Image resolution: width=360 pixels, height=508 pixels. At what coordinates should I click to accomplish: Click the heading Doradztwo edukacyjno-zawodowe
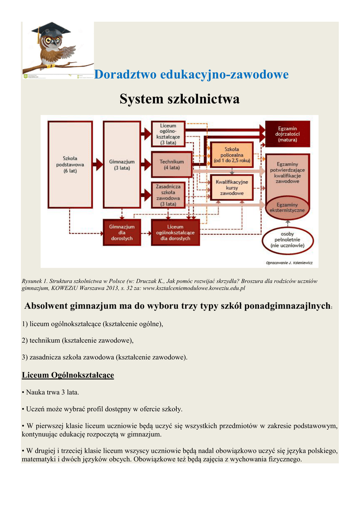191,75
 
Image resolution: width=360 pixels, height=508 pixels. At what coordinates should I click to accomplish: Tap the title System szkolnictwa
179,99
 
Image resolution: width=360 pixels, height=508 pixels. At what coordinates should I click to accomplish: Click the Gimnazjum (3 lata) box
121,164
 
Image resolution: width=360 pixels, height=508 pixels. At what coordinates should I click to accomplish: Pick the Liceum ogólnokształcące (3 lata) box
168,133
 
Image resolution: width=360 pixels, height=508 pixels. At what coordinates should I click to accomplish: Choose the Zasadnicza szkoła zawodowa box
168,195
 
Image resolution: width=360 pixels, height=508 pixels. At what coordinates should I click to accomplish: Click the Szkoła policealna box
231,155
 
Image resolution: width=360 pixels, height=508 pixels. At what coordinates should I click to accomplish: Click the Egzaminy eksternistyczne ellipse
288,207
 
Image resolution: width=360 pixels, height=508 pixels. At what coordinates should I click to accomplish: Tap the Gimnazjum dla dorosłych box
121,232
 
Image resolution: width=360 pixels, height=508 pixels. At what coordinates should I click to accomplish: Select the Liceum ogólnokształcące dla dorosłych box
175,232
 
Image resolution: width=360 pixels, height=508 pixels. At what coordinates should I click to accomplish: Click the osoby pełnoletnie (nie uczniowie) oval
287,240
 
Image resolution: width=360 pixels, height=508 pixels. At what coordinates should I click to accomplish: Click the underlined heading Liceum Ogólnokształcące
68,375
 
